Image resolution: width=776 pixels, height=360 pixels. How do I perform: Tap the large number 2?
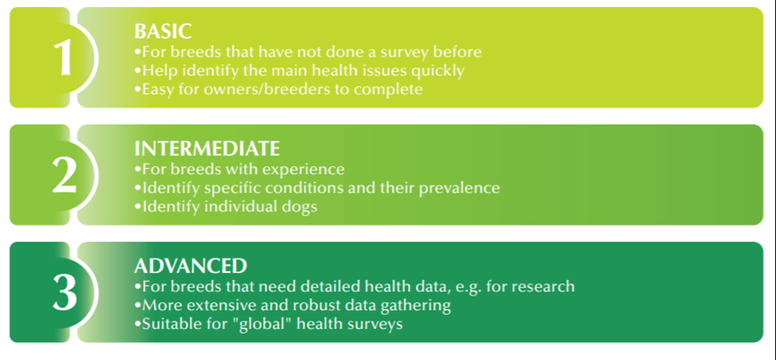(x=64, y=175)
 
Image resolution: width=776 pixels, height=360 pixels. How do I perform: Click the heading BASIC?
(x=163, y=31)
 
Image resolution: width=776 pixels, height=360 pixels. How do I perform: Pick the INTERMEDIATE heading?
(x=207, y=149)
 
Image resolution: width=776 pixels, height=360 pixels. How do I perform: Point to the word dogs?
(x=303, y=206)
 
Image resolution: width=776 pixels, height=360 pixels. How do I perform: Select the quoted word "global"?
(x=253, y=324)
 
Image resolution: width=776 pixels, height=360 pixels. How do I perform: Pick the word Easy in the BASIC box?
(x=158, y=89)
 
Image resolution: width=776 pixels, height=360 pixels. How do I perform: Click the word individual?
(x=230, y=206)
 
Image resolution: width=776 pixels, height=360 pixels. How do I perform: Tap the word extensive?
(x=221, y=305)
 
